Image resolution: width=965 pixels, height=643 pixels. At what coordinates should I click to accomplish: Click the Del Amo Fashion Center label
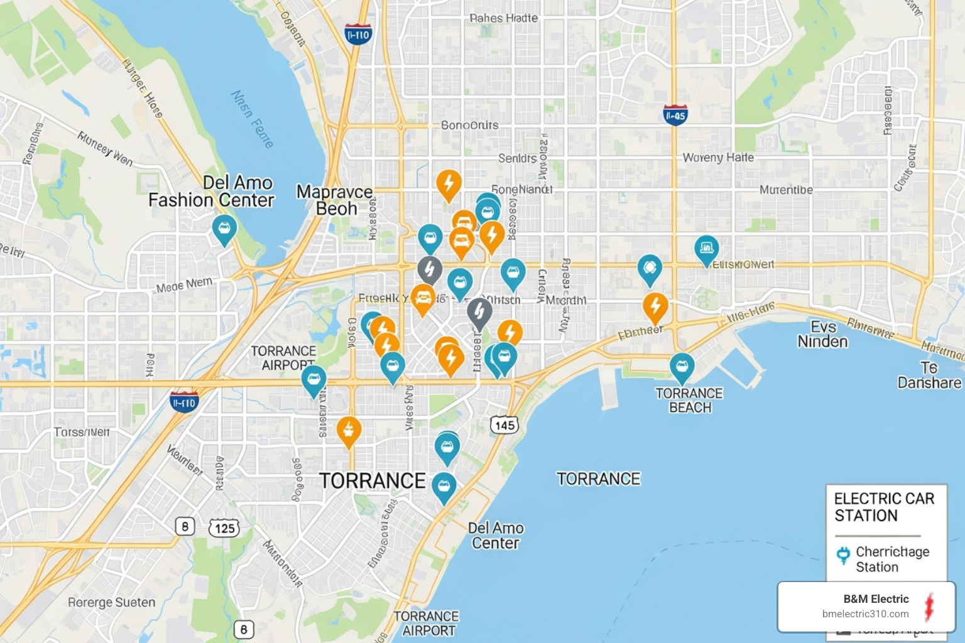click(x=212, y=192)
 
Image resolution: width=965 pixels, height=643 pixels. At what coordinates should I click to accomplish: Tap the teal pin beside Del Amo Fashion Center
click(x=224, y=229)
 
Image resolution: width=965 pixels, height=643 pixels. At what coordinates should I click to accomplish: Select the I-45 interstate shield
click(x=675, y=115)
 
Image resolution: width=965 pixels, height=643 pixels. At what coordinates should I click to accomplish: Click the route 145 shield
click(x=504, y=425)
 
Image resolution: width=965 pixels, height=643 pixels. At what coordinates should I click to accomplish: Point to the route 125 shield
click(x=224, y=528)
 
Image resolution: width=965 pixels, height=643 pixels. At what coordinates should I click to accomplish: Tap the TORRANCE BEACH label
click(x=689, y=401)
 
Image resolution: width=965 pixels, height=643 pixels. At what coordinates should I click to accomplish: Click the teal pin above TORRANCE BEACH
click(x=682, y=367)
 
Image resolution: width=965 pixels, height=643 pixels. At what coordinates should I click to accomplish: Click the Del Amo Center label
click(x=496, y=536)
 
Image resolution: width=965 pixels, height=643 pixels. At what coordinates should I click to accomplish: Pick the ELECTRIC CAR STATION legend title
click(x=883, y=507)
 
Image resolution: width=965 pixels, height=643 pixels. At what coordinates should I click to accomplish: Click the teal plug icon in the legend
click(x=843, y=555)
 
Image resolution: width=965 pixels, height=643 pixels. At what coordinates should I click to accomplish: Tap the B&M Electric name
click(x=876, y=599)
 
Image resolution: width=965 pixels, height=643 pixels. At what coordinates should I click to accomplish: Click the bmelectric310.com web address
click(x=865, y=614)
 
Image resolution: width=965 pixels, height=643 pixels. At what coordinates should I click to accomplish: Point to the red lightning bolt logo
click(x=929, y=607)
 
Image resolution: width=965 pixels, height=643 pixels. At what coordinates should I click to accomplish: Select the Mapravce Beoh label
click(x=335, y=200)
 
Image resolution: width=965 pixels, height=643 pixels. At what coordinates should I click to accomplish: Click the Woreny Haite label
click(x=718, y=158)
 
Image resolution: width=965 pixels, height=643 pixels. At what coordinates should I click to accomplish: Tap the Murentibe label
click(x=786, y=190)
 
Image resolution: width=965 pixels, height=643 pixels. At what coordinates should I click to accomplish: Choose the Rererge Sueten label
click(x=111, y=603)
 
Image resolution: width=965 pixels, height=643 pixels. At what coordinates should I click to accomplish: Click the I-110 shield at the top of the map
click(x=358, y=35)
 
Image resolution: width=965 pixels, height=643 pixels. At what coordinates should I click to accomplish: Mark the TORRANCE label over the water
click(x=598, y=479)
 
